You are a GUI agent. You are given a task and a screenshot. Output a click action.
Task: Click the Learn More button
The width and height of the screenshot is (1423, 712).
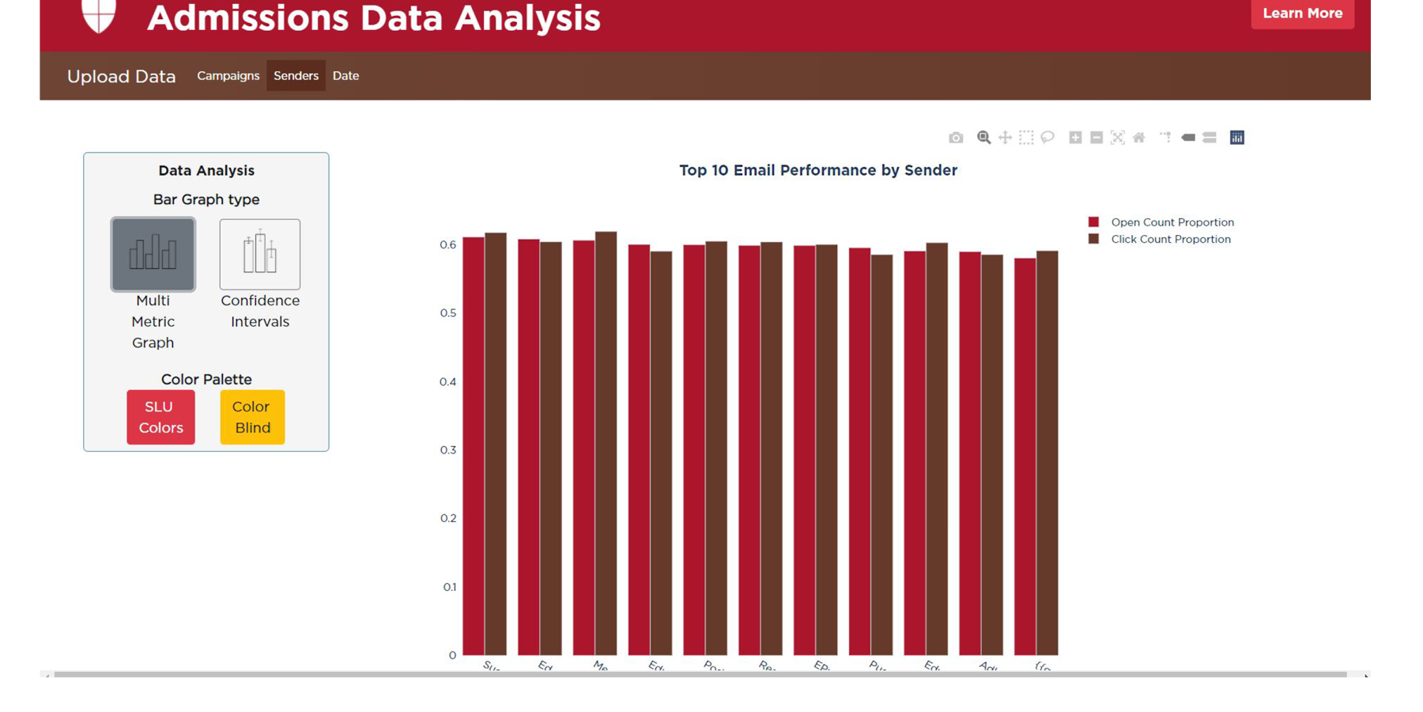coord(1301,13)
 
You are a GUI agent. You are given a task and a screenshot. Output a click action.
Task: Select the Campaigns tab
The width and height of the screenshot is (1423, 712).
coord(228,76)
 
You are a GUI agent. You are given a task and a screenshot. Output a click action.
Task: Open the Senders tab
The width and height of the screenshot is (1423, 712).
coord(296,76)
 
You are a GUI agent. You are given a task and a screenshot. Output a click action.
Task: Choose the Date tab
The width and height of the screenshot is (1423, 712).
coord(345,76)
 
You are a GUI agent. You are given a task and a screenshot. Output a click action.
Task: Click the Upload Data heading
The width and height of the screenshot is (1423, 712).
coord(121,77)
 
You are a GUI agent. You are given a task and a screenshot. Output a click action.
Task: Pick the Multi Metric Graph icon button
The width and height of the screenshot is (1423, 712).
coord(153,254)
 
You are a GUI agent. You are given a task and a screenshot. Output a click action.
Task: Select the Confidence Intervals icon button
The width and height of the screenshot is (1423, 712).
coord(259,254)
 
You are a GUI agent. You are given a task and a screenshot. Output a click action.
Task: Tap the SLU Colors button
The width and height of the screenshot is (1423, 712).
coord(160,417)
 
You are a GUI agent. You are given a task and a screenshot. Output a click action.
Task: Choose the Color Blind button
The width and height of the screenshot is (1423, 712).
coord(252,417)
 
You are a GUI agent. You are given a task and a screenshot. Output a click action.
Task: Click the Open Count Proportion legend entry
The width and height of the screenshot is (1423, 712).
coord(1172,222)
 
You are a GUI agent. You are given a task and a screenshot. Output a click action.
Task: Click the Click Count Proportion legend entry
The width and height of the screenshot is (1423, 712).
coord(1170,239)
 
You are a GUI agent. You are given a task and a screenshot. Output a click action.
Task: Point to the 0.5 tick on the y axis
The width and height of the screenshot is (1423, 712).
coord(447,313)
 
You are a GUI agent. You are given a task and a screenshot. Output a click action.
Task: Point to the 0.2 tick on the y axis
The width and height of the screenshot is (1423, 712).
coord(447,518)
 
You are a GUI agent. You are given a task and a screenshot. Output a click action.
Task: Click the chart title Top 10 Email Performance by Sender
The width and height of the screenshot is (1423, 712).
coord(817,170)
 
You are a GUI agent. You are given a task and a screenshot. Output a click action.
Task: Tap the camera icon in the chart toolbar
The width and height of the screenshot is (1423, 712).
coord(956,138)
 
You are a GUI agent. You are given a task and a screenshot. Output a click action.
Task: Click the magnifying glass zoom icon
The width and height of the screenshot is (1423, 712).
coord(983,138)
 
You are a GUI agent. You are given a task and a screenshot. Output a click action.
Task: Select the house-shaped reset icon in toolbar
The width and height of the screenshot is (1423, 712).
coord(1138,138)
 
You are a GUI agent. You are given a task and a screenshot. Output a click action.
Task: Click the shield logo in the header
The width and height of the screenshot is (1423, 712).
coord(99,13)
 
